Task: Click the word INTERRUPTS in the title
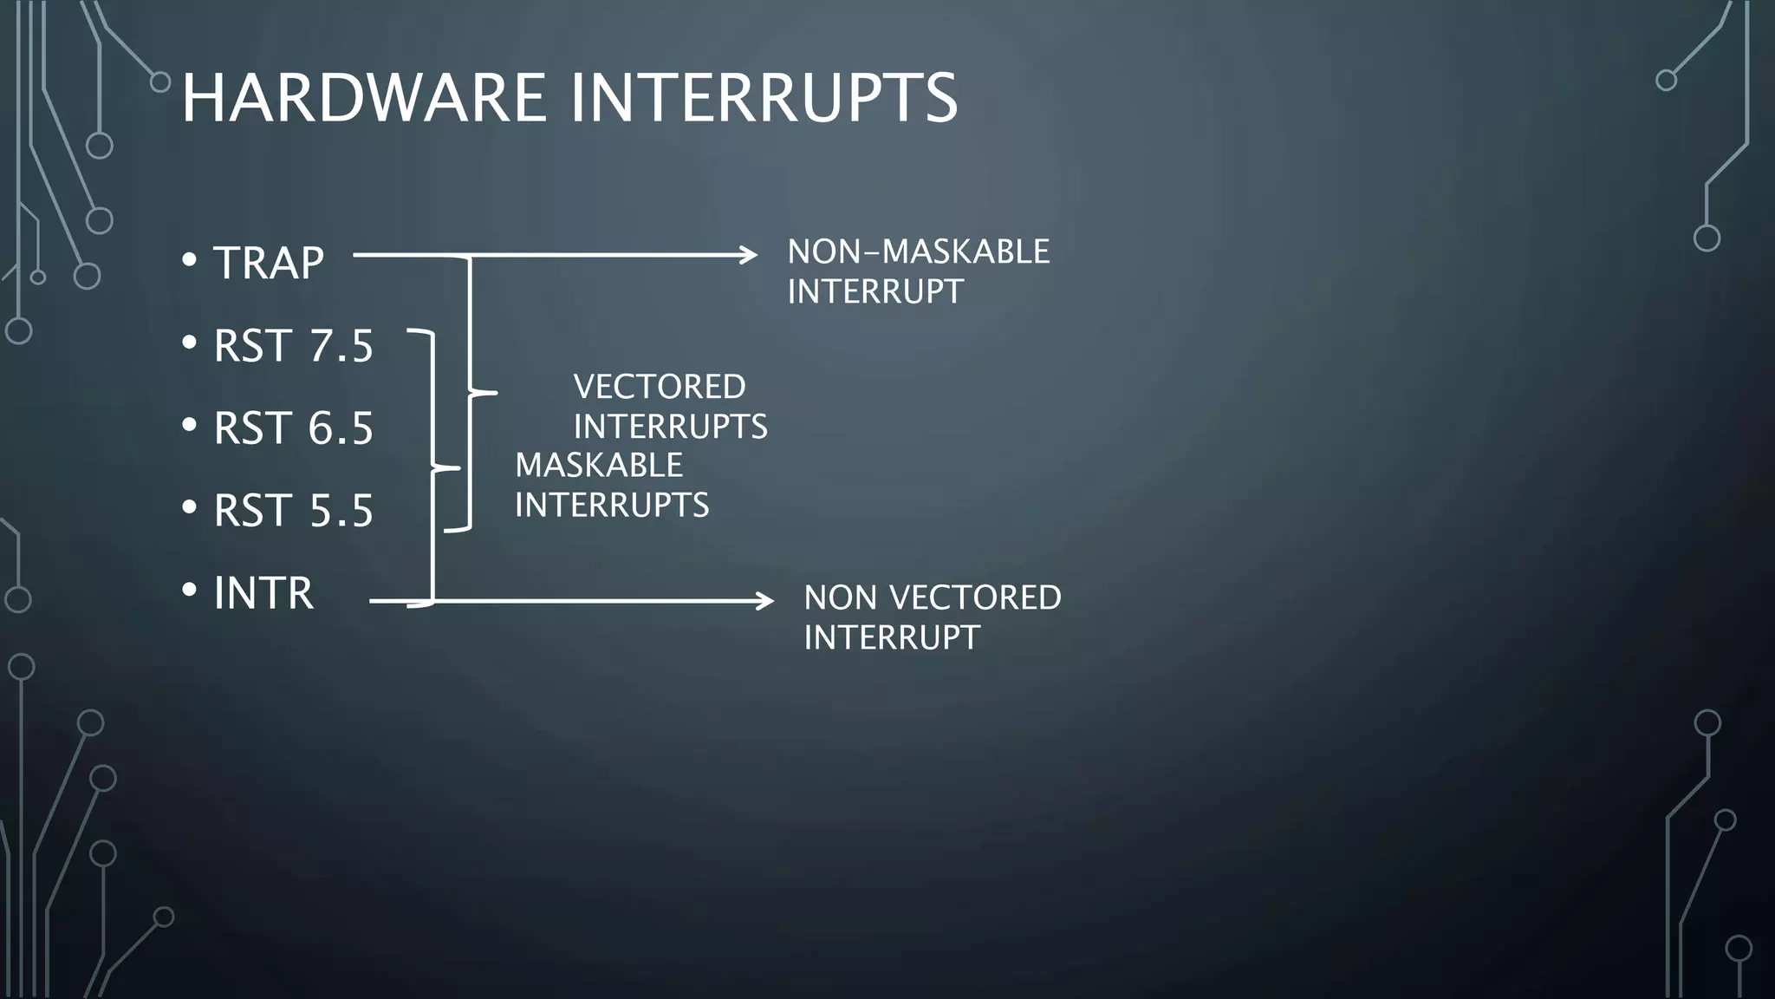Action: click(764, 97)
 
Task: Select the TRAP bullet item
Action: click(268, 262)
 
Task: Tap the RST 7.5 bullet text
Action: click(293, 346)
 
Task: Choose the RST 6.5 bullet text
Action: click(293, 428)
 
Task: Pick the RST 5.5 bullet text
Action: click(293, 511)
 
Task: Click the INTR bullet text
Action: click(263, 593)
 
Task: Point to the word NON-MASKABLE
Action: click(918, 252)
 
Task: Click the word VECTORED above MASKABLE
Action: click(660, 387)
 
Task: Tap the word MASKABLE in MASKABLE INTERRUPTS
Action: click(599, 466)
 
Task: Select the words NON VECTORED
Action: click(932, 597)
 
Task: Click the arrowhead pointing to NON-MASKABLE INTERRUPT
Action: click(751, 255)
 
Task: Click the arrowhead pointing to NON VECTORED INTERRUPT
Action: click(766, 600)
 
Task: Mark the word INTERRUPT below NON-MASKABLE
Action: click(875, 292)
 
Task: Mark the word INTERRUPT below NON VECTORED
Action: click(891, 638)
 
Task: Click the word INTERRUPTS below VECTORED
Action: click(670, 427)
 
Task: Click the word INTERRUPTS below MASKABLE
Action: click(612, 506)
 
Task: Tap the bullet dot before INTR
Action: click(190, 591)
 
